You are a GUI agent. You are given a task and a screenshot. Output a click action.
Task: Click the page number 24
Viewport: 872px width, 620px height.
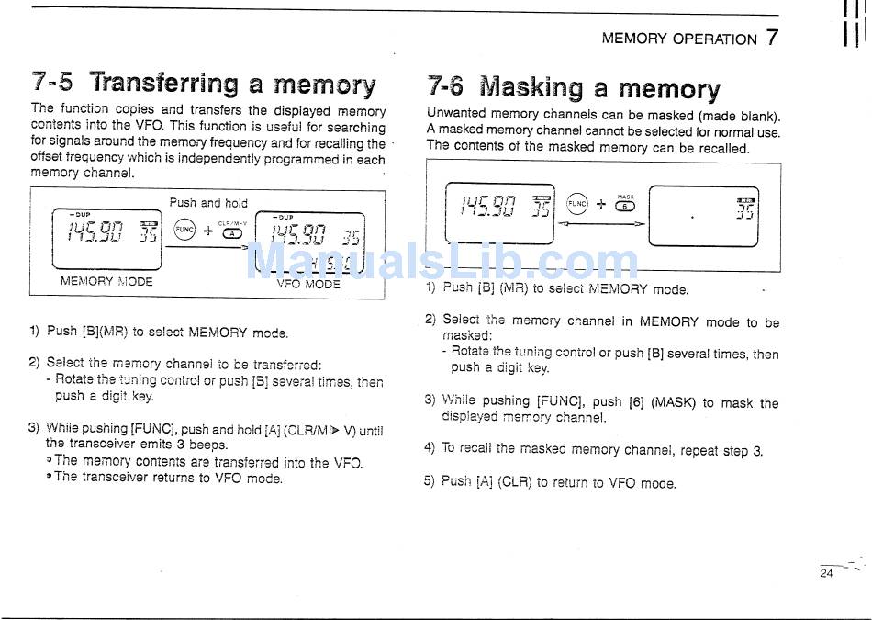826,574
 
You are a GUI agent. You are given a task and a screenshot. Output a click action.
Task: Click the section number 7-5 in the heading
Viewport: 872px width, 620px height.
51,84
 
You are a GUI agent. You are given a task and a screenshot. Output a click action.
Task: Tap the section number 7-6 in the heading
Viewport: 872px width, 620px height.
445,87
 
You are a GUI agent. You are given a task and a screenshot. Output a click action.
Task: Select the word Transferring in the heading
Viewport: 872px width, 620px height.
163,85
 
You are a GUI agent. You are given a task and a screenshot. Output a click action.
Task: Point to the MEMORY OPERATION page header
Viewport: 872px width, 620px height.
679,39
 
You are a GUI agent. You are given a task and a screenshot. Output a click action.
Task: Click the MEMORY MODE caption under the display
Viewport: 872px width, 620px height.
106,281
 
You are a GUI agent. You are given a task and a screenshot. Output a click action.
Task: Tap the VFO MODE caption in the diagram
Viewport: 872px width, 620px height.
308,284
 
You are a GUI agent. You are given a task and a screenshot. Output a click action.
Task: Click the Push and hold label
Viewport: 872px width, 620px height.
208,203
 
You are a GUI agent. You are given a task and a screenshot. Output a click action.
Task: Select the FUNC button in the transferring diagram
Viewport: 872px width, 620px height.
184,231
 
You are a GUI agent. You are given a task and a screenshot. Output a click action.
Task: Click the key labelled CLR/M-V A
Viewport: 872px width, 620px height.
233,232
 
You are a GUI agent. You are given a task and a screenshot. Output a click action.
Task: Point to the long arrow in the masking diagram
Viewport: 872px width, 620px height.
602,223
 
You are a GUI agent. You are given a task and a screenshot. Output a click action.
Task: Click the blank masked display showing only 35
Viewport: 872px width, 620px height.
703,217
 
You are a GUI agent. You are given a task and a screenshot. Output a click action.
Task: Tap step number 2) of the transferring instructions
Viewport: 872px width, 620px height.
34,363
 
